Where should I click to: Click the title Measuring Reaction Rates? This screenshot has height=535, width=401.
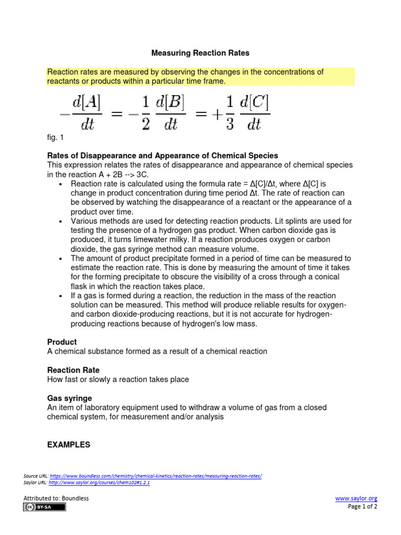coord(200,53)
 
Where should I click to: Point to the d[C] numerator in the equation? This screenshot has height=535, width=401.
coord(254,104)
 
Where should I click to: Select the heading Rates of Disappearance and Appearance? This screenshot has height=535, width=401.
coord(162,156)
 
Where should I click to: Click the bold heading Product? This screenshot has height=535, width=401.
coord(62,342)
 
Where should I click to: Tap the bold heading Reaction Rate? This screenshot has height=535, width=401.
coord(73,370)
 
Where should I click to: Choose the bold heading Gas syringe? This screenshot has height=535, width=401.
coord(69,398)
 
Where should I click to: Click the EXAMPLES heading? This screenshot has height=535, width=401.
coord(68,445)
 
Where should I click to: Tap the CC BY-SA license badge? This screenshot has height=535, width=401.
coord(44,507)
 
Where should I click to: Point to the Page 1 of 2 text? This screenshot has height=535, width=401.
coord(362,506)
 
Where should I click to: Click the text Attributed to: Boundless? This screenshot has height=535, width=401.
coord(55,498)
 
